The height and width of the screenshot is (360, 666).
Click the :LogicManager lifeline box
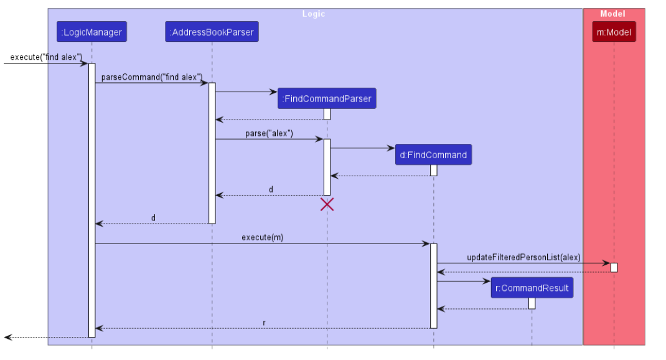pyautogui.click(x=91, y=32)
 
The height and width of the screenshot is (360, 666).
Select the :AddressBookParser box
pyautogui.click(x=212, y=32)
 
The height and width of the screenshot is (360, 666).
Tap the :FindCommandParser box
pyautogui.click(x=327, y=98)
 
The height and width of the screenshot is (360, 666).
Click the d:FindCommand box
pyautogui.click(x=433, y=155)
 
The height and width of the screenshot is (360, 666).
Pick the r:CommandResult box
pyautogui.click(x=532, y=288)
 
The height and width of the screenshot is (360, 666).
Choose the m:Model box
pyautogui.click(x=614, y=32)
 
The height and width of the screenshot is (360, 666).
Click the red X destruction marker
pyautogui.click(x=327, y=204)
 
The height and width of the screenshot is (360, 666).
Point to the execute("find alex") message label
pyautogui.click(x=46, y=57)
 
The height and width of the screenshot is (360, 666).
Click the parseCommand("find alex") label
pyautogui.click(x=152, y=77)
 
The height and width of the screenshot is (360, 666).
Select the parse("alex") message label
pyautogui.click(x=269, y=133)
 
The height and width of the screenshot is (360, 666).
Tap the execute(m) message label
pyautogui.click(x=262, y=237)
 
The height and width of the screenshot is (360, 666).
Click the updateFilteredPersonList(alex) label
pyautogui.click(x=523, y=257)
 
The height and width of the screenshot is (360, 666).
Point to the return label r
pyautogui.click(x=264, y=323)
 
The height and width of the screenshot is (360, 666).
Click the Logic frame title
pyautogui.click(x=314, y=14)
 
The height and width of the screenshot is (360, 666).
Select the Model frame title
pyautogui.click(x=612, y=14)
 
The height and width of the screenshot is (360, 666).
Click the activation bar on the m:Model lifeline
pyautogui.click(x=614, y=267)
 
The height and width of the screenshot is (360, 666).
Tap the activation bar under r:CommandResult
pyautogui.click(x=532, y=303)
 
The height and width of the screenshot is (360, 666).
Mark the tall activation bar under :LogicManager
pyautogui.click(x=91, y=199)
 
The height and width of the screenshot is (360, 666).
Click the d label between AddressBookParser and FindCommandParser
pyautogui.click(x=271, y=189)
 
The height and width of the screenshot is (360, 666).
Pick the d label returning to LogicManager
pyautogui.click(x=153, y=218)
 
